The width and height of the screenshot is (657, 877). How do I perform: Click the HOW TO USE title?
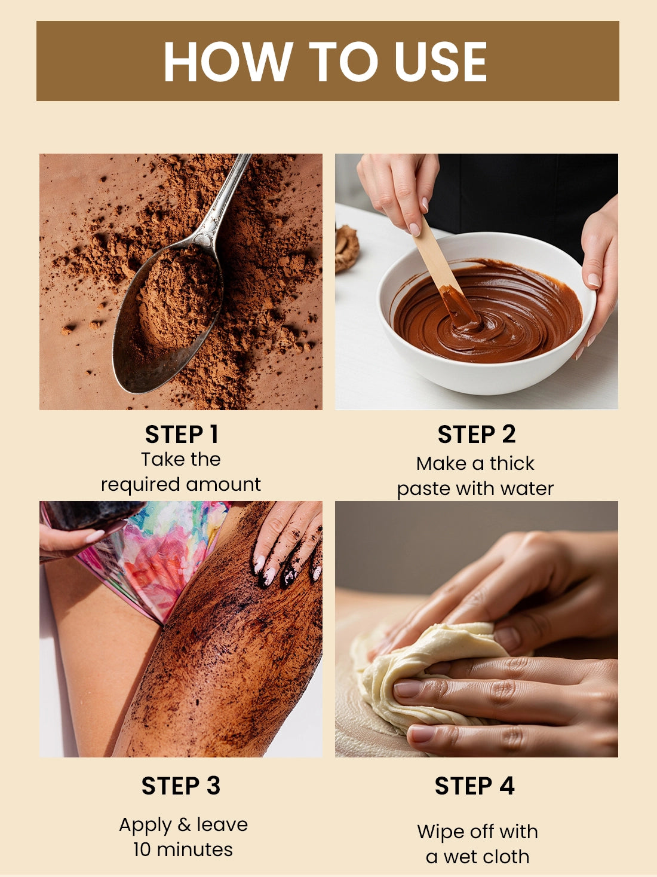(326, 61)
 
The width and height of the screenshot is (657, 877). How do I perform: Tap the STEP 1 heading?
(182, 434)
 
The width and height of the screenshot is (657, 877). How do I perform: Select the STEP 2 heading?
(477, 434)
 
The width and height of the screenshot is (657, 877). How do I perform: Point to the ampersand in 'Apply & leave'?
(184, 824)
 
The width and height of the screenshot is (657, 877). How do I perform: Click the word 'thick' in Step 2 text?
(512, 463)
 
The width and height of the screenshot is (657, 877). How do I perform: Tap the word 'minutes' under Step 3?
(195, 850)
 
